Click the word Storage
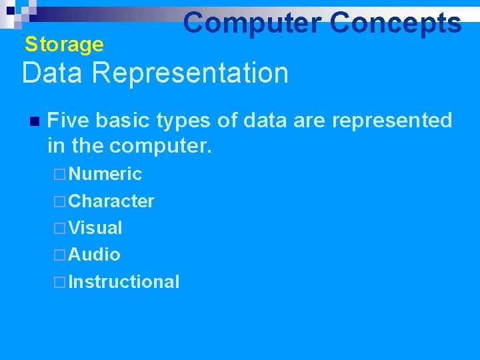pyautogui.click(x=64, y=45)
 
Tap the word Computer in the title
pyautogui.click(x=252, y=23)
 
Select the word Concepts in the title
pyautogui.click(x=395, y=23)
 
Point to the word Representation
pyautogui.click(x=190, y=73)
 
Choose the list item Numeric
pyautogui.click(x=105, y=174)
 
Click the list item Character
pyautogui.click(x=111, y=201)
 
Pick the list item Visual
pyautogui.click(x=95, y=228)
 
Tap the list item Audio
pyautogui.click(x=94, y=255)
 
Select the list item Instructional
pyautogui.click(x=124, y=282)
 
